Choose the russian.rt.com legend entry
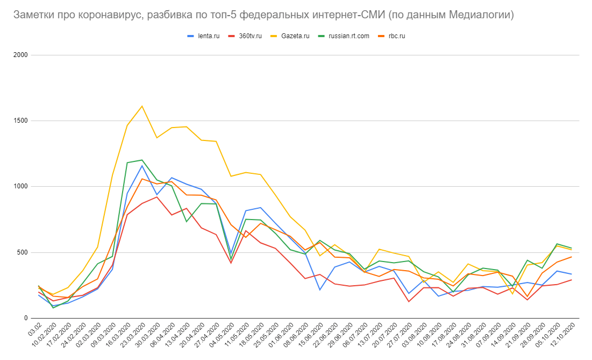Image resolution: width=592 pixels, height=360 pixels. click(x=349, y=36)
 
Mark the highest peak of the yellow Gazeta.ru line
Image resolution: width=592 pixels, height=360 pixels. click(x=142, y=106)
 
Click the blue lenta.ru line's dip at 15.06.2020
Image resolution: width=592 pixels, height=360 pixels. click(x=320, y=290)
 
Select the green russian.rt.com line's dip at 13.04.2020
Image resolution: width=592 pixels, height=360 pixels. click(x=187, y=222)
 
